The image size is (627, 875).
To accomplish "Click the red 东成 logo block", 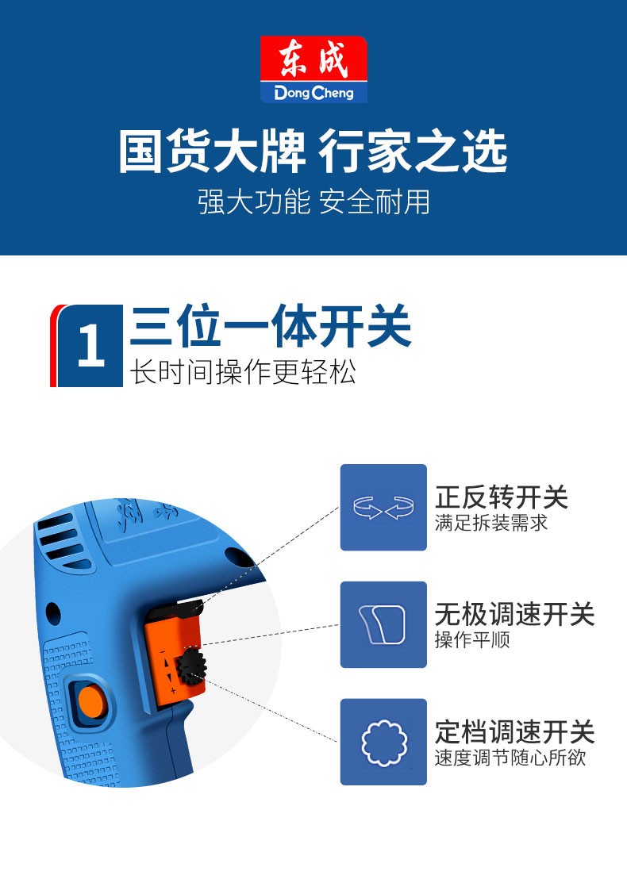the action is point(313,59).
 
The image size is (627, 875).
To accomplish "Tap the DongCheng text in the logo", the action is point(313,92).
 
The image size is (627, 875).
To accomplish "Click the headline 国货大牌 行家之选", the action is point(313,152).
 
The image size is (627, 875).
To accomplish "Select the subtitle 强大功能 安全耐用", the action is point(313,201).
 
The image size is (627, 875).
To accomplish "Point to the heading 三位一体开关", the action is point(271,326).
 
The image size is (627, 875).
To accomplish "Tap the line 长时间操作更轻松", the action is point(243,371).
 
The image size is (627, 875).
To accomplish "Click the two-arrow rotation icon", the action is point(383,507).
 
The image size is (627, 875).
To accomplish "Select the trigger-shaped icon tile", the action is point(383,624).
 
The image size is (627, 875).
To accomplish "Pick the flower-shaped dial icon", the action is point(383,742).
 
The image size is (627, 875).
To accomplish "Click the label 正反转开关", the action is point(502,497).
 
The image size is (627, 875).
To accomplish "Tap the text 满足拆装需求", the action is point(491,524).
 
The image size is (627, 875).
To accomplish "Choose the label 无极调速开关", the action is point(515,614).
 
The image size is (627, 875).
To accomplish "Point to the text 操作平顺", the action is point(472,639).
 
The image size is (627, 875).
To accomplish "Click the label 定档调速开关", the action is point(515,731).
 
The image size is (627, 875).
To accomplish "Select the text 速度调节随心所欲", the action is point(510,758).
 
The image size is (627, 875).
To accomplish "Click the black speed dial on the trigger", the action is point(191,666).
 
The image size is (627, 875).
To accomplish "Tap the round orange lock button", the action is point(91,701).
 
